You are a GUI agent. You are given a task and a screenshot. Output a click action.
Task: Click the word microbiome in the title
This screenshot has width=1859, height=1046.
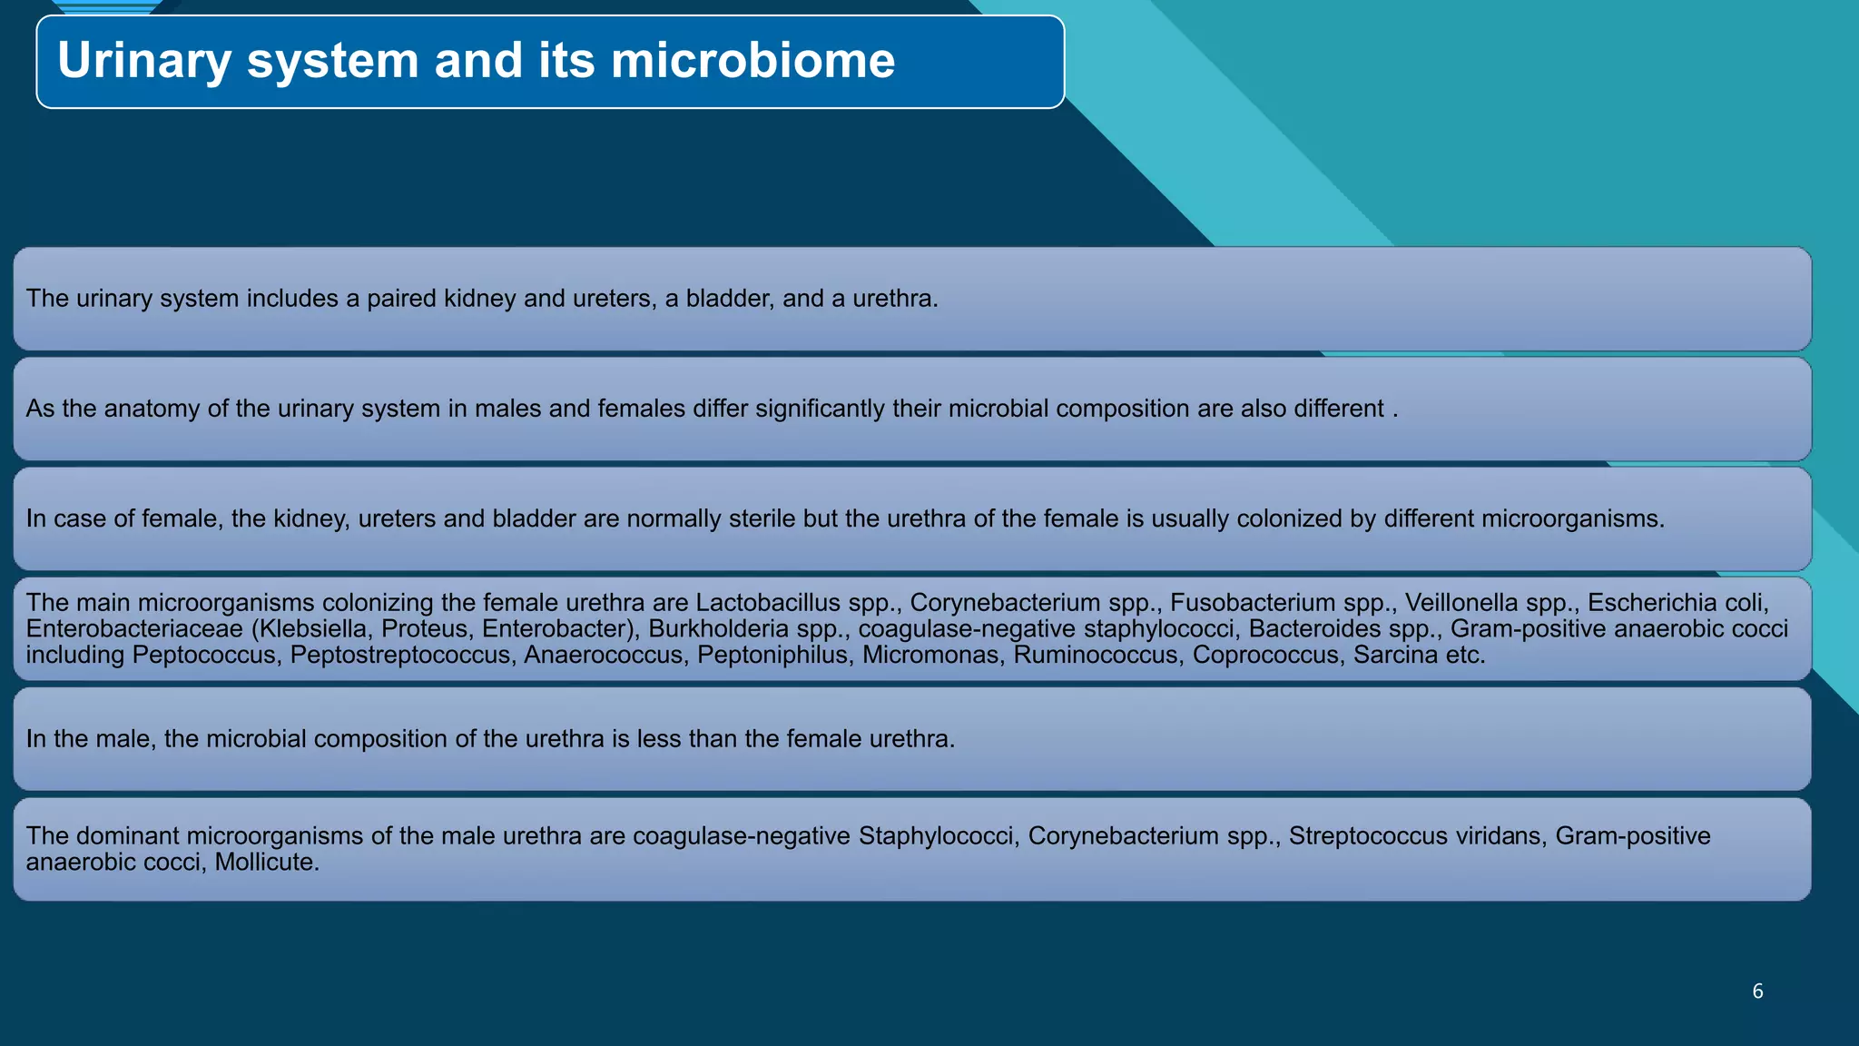pos(752,62)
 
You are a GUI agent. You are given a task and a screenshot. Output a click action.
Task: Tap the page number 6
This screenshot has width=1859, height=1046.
pos(1757,992)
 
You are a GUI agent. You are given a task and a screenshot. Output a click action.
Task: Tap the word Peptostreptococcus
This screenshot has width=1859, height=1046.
pos(400,656)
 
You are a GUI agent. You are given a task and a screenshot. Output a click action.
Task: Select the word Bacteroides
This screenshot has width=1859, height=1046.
pos(1313,629)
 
